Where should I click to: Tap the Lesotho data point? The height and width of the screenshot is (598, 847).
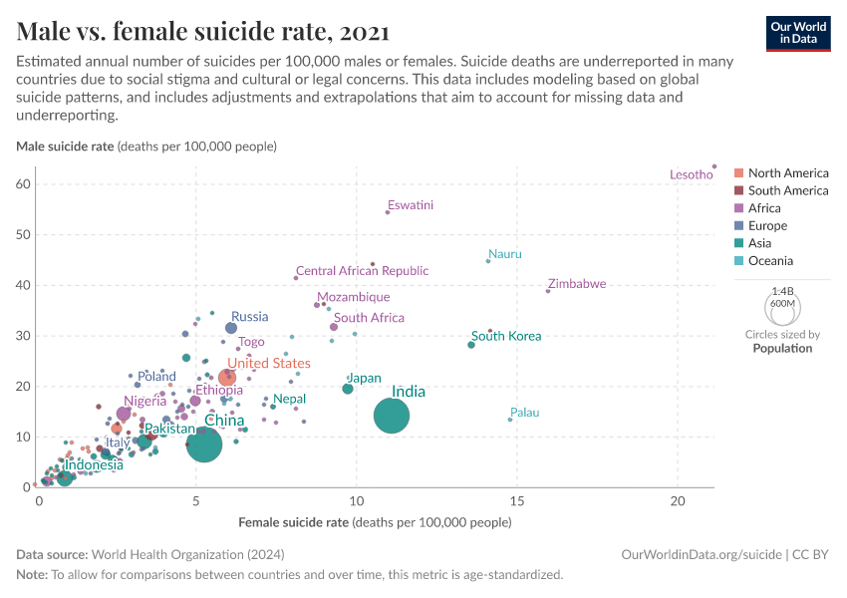pyautogui.click(x=714, y=166)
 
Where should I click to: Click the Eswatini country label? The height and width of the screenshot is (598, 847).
pyautogui.click(x=410, y=205)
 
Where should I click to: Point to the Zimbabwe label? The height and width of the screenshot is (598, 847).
pyautogui.click(x=576, y=284)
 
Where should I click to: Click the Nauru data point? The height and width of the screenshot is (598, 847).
pyautogui.click(x=488, y=261)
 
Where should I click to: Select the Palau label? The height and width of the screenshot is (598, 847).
pyautogui.click(x=524, y=412)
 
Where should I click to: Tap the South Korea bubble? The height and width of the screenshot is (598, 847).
pyautogui.click(x=471, y=345)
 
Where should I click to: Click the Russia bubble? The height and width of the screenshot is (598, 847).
pyautogui.click(x=231, y=327)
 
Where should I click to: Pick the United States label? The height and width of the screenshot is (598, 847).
pyautogui.click(x=268, y=363)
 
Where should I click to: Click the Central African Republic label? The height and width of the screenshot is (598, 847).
pyautogui.click(x=362, y=270)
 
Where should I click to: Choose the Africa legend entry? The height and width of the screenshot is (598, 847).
pyautogui.click(x=764, y=208)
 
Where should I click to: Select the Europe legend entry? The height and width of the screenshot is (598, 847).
pyautogui.click(x=766, y=226)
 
